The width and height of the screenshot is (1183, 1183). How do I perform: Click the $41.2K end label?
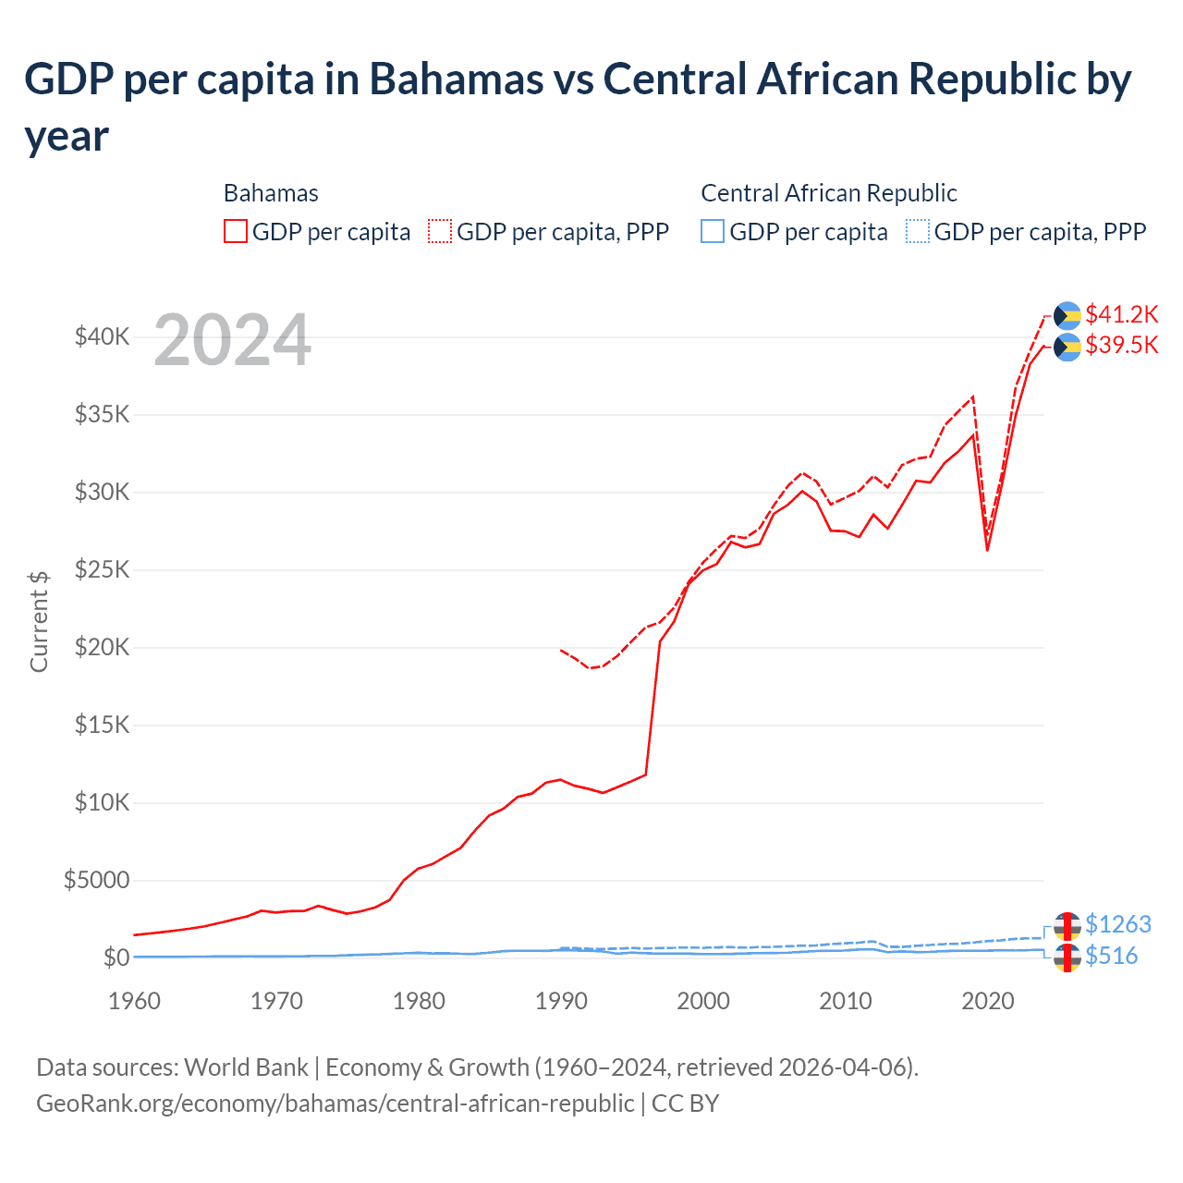(1121, 314)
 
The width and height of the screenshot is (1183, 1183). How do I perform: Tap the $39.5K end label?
(1121, 345)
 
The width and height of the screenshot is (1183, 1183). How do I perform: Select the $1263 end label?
(1117, 924)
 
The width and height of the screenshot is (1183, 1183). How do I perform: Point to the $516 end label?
(1111, 956)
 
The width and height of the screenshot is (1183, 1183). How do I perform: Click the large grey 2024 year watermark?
(232, 340)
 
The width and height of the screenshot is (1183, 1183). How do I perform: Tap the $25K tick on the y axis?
(102, 569)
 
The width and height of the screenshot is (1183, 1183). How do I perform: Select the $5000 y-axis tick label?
(96, 880)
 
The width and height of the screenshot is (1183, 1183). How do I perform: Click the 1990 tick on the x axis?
(561, 1001)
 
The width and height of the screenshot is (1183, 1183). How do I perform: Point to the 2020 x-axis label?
(987, 1001)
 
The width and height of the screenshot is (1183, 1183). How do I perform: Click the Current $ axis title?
(39, 621)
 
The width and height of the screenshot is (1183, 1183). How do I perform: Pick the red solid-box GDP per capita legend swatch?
(236, 231)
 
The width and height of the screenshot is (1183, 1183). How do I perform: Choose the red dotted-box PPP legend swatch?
(440, 231)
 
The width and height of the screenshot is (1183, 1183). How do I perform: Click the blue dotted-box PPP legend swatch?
(918, 231)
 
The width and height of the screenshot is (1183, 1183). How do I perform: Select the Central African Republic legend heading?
(828, 193)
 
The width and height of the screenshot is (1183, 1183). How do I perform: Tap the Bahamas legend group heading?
(271, 193)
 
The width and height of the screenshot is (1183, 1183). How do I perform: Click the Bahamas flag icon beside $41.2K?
(1067, 315)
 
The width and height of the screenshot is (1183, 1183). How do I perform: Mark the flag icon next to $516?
(1067, 957)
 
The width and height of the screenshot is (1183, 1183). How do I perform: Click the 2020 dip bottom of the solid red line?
(987, 550)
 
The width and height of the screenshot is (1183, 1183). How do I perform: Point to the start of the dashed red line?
(561, 650)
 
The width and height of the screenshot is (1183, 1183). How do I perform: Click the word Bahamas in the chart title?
(456, 79)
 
